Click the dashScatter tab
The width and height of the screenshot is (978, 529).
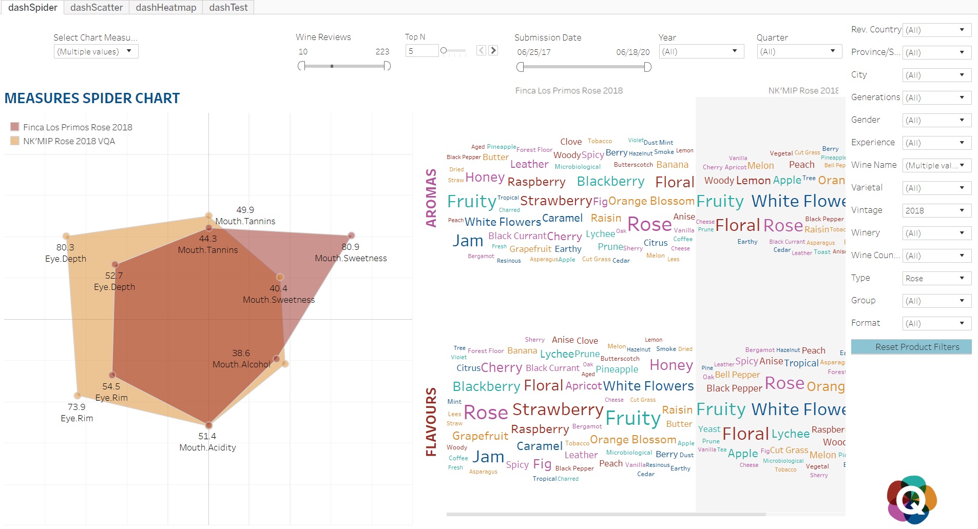pyautogui.click(x=97, y=7)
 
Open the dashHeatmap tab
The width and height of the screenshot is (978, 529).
pyautogui.click(x=166, y=7)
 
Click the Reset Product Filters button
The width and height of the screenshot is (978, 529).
pyautogui.click(x=911, y=347)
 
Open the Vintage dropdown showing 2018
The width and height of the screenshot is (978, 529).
pyautogui.click(x=936, y=210)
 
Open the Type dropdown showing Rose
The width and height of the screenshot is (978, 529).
pyautogui.click(x=936, y=278)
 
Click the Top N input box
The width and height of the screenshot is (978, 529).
pyautogui.click(x=421, y=51)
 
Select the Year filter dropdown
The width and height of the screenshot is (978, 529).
pyautogui.click(x=701, y=51)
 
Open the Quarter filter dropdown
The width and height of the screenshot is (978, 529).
pyautogui.click(x=799, y=51)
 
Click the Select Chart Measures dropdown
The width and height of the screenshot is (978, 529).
pyautogui.click(x=96, y=51)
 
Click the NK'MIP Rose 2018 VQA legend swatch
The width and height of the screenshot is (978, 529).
pyautogui.click(x=15, y=141)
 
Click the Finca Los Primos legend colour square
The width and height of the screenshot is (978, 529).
pyautogui.click(x=15, y=127)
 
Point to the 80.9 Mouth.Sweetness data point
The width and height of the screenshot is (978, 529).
pyautogui.click(x=351, y=236)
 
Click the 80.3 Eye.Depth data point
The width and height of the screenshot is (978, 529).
pyautogui.click(x=66, y=236)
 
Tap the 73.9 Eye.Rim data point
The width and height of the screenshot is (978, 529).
pyautogui.click(x=78, y=396)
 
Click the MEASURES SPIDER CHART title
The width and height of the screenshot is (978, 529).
pyautogui.click(x=92, y=98)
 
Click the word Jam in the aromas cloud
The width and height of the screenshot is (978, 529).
pyautogui.click(x=468, y=241)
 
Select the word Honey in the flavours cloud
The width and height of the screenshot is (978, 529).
pyautogui.click(x=671, y=365)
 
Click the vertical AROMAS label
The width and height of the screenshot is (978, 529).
pyautogui.click(x=431, y=198)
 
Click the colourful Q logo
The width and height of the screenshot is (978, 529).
pyautogui.click(x=911, y=499)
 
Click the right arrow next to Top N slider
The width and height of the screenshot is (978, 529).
pyautogui.click(x=493, y=50)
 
